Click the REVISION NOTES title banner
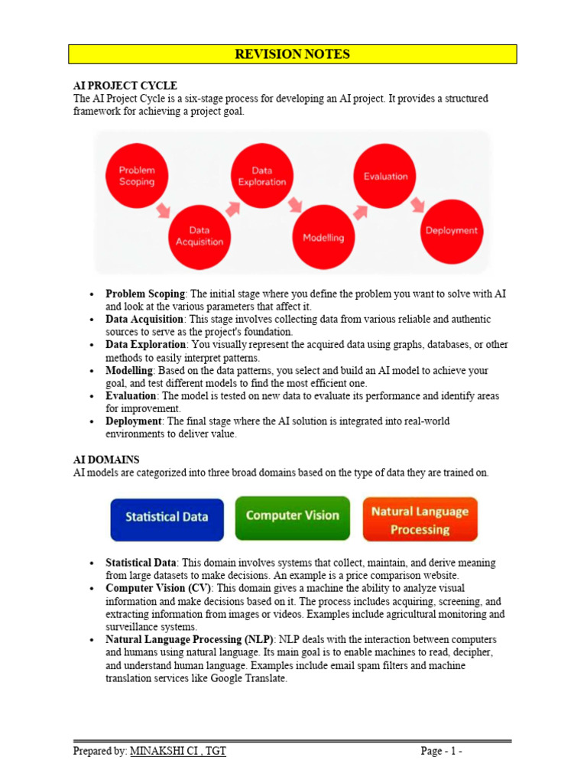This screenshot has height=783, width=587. point(293,54)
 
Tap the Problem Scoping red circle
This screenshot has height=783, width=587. point(137,177)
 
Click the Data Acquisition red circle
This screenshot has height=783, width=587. point(199,236)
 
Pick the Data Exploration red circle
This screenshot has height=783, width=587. point(262,177)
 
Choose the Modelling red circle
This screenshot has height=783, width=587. point(323,237)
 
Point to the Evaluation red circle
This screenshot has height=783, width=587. point(386,177)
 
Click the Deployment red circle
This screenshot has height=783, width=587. point(451,230)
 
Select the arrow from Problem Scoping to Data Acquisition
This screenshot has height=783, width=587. point(164,210)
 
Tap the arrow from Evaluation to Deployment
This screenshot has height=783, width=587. point(417,205)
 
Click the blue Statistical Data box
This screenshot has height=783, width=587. point(167,518)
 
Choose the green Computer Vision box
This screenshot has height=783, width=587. point(293,516)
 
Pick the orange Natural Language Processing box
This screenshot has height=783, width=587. point(420,521)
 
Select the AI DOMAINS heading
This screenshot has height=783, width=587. point(106,460)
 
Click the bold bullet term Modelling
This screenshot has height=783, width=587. point(129,371)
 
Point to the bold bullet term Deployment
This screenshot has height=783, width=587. point(134,421)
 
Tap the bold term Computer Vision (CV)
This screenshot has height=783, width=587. point(158,588)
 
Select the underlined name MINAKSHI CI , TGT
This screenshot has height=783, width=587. point(178,751)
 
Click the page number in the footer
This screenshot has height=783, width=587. point(441,751)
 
